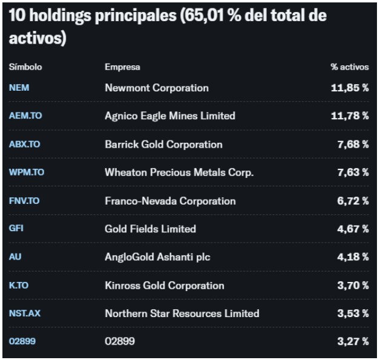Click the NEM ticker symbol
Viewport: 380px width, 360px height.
coord(19,88)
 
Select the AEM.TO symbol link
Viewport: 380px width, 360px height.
coord(25,116)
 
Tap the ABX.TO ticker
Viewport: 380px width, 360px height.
coord(24,144)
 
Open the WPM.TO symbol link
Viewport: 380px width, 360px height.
coord(27,172)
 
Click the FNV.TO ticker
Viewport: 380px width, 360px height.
coord(24,201)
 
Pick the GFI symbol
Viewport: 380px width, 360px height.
coord(16,228)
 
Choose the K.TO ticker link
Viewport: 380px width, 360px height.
coord(19,286)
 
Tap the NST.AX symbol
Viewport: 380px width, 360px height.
coord(25,313)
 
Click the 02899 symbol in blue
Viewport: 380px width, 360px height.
coord(22,341)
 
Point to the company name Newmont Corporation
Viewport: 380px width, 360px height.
coord(157,88)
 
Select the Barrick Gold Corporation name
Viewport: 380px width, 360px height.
coord(163,145)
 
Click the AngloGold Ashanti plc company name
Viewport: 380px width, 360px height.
coord(157,257)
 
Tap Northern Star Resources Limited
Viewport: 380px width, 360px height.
coord(182,313)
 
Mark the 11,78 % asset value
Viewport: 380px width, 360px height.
coord(350,116)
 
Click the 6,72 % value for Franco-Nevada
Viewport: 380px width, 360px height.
coord(353,201)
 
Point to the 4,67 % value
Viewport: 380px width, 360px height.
coord(353,229)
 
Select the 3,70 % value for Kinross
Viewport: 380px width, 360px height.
coord(353,286)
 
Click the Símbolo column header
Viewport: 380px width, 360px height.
coord(25,67)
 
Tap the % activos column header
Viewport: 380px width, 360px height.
coord(350,67)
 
